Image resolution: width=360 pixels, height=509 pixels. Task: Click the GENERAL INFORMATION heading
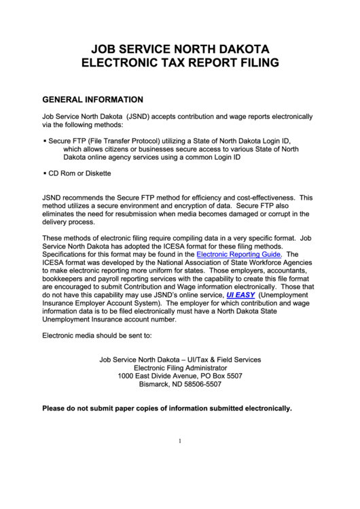point(92,99)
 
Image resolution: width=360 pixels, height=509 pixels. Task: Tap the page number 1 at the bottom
point(179,440)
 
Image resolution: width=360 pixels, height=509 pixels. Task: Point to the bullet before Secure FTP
point(44,140)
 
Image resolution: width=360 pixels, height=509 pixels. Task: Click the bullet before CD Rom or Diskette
point(44,174)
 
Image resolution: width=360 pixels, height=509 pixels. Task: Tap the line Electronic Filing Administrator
point(179,367)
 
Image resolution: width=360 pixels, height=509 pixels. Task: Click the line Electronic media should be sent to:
point(96,336)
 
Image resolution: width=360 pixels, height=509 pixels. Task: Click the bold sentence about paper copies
point(166,408)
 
